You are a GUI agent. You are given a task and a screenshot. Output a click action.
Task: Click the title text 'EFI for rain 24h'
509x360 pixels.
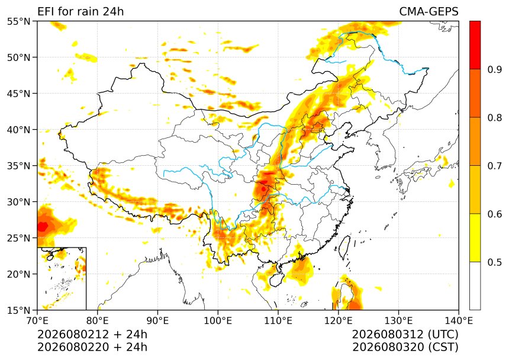click(80, 11)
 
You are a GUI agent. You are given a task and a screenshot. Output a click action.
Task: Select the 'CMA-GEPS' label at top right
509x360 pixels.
click(429, 11)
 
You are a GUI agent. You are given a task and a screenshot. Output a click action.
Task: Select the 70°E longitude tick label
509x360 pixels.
click(37, 321)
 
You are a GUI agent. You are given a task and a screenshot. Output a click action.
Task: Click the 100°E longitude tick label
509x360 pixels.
click(218, 321)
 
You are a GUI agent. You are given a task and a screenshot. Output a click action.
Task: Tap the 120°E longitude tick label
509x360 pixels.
click(339, 321)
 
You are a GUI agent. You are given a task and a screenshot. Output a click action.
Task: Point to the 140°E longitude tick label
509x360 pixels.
click(458, 321)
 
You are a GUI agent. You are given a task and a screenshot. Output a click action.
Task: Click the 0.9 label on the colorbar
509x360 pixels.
click(495, 69)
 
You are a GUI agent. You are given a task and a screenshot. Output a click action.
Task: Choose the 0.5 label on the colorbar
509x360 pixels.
click(495, 262)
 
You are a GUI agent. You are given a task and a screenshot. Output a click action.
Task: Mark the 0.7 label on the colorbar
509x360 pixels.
click(495, 166)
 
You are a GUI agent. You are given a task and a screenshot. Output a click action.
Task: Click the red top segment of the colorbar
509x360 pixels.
click(475, 45)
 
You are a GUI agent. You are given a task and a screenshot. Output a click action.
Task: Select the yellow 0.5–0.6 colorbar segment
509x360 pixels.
click(475, 237)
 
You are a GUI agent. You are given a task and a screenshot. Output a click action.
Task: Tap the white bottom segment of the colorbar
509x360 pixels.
click(475, 286)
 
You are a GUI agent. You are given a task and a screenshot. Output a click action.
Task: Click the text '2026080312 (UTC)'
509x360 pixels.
click(405, 335)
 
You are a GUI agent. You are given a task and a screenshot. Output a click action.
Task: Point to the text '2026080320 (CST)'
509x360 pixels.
click(405, 348)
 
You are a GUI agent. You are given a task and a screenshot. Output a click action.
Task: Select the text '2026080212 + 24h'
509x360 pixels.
click(92, 335)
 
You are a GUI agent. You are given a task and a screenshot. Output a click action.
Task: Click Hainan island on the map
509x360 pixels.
click(276, 279)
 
